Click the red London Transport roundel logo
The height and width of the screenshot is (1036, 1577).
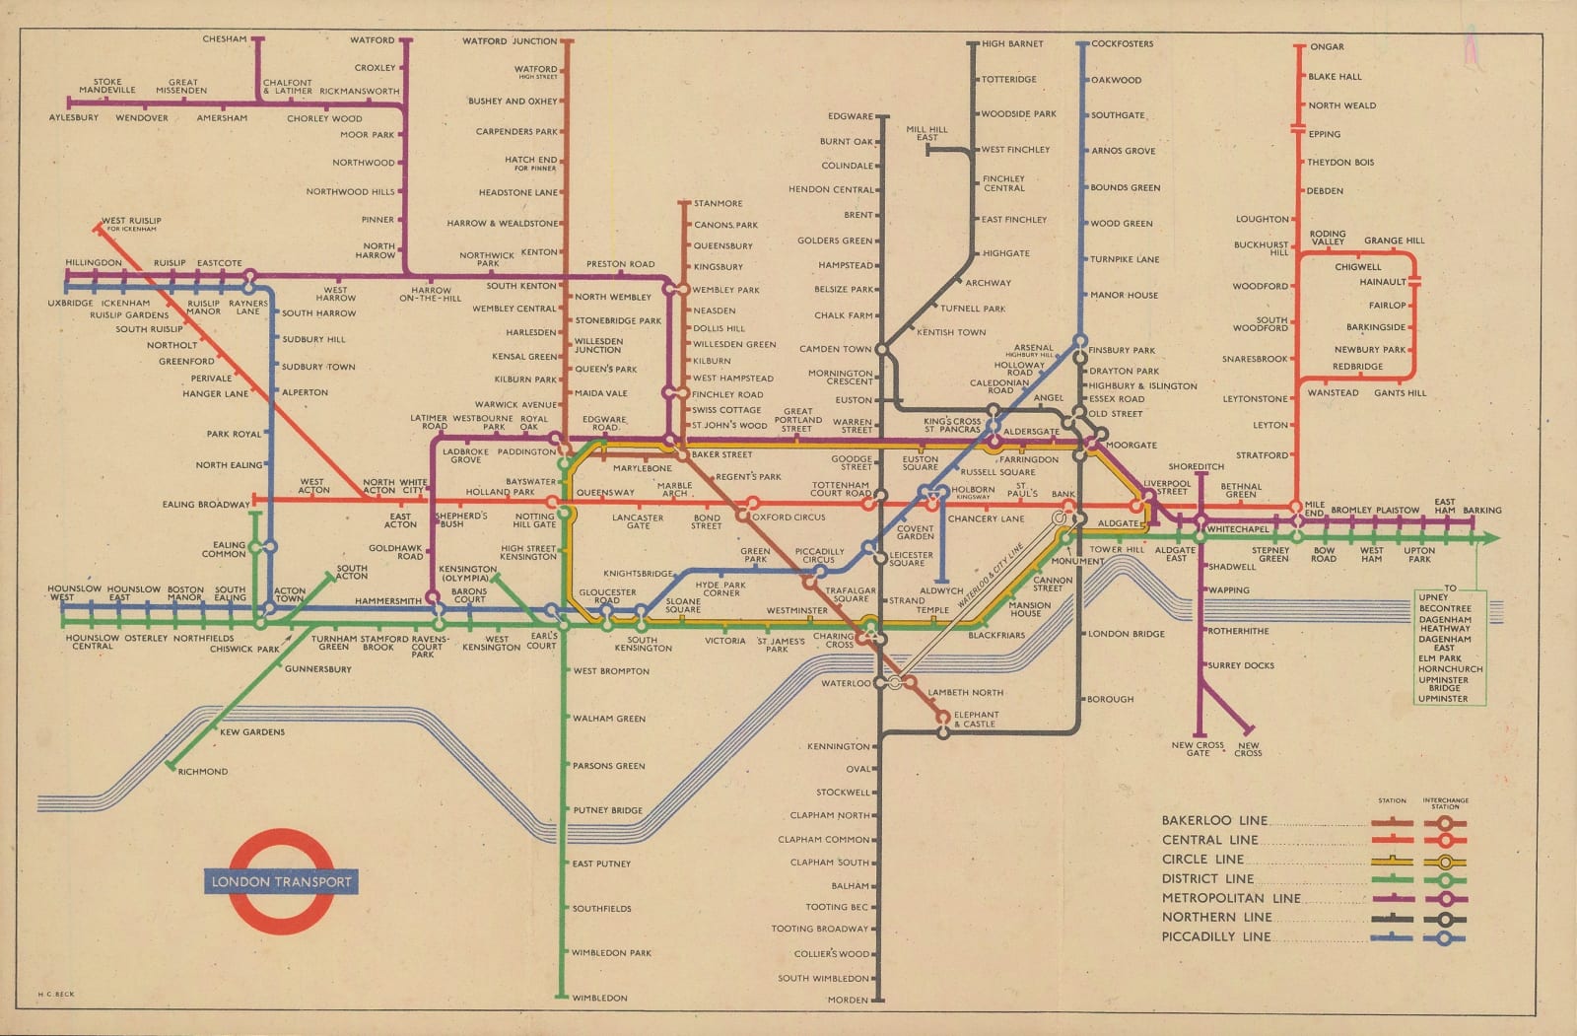click(281, 881)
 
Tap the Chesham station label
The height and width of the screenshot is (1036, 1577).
click(225, 39)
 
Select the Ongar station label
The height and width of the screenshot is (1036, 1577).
click(1327, 47)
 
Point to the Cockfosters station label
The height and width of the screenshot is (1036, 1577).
click(1122, 44)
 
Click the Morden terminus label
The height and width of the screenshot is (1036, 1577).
click(848, 1000)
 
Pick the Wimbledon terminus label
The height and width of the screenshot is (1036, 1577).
click(599, 998)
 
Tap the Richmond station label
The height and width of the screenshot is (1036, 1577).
click(203, 772)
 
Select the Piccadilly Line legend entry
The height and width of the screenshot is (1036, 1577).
click(1215, 936)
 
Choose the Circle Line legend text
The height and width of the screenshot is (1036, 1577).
click(1202, 859)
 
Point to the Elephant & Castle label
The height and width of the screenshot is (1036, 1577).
click(976, 720)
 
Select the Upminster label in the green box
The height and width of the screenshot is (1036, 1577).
click(1442, 699)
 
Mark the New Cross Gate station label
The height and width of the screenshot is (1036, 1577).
click(1198, 749)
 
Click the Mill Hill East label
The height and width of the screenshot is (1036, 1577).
click(926, 133)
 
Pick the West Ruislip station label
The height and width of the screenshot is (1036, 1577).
click(131, 222)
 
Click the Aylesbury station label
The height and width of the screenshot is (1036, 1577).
click(74, 117)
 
